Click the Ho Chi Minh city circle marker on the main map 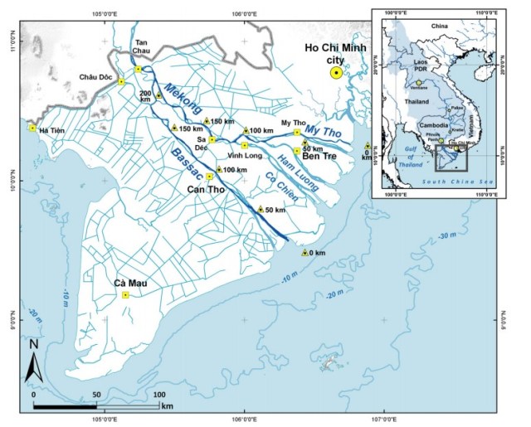(336, 73)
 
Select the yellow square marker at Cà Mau (125, 294)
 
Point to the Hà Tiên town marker (32, 128)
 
